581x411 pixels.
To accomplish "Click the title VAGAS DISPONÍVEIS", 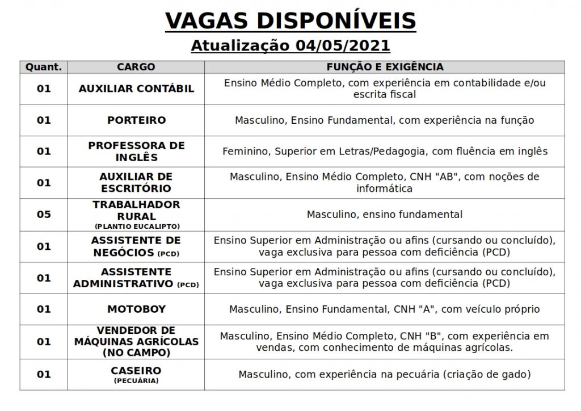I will pos(290,21).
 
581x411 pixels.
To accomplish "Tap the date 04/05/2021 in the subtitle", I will pos(343,45).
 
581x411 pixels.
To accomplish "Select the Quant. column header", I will pos(44,67).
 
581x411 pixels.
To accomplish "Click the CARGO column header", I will pos(136,67).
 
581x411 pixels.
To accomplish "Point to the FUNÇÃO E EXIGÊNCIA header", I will pos(385,67).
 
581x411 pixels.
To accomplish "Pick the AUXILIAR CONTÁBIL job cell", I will pos(136,89).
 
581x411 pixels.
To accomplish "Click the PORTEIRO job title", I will pos(136,120).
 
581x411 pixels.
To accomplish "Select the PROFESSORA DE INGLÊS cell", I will pos(136,152).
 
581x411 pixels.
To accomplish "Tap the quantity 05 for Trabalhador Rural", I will pos(44,215).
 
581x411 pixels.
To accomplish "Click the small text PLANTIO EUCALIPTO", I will pos(136,227).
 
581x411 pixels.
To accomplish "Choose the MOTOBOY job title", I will pos(136,309).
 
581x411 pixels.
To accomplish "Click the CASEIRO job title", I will pos(136,371).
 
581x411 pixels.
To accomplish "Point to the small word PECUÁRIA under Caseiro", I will pos(136,381).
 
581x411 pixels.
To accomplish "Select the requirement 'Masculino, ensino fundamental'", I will pos(385,215).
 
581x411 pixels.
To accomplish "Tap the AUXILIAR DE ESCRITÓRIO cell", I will pos(136,183).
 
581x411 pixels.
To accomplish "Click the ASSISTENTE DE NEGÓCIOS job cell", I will pos(136,246).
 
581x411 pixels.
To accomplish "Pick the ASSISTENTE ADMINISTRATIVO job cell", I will pos(136,278).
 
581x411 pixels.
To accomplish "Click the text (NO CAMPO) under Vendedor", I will pos(136,353).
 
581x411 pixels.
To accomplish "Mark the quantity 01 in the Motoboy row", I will pos(44,309).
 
